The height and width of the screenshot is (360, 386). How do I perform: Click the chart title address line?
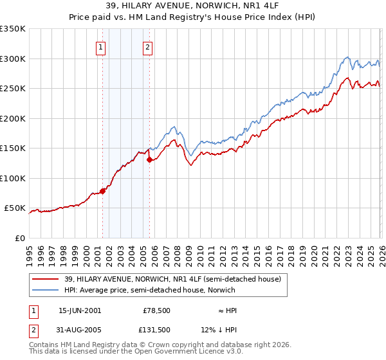click(193, 6)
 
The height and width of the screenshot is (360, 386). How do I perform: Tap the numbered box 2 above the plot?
click(148, 46)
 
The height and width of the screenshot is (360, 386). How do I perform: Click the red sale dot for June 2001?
click(102, 191)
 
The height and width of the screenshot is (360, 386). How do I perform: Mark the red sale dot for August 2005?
click(149, 159)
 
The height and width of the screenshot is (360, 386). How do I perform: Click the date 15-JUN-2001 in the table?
click(80, 310)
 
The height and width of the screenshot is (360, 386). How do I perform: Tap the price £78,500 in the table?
click(156, 310)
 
